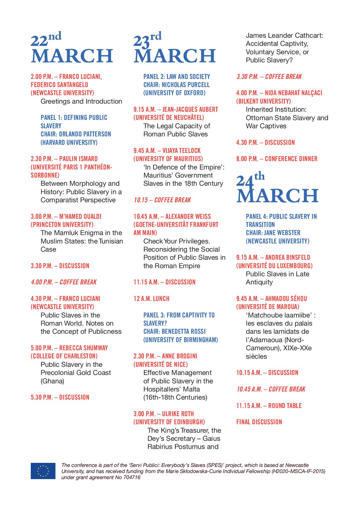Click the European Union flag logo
pos(43,471)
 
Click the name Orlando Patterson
pos(85,134)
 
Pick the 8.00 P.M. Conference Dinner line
pos(277,159)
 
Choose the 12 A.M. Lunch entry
pos(151,299)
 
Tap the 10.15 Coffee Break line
pos(162,200)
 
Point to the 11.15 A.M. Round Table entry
pos(269,406)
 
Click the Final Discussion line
pos(259,422)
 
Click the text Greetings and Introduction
pos(81,101)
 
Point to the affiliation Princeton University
pos(62,225)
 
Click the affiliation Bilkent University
pos(263,101)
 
